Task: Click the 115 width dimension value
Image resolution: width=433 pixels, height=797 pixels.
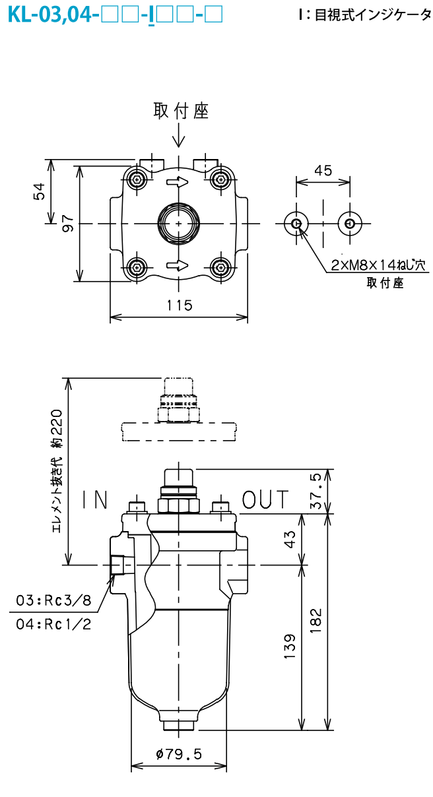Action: [x=180, y=305]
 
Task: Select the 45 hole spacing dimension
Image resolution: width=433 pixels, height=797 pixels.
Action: [x=323, y=171]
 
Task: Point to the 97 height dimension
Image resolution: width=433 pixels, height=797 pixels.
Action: [x=68, y=224]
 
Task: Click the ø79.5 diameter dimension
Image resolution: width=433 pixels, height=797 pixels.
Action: [x=179, y=753]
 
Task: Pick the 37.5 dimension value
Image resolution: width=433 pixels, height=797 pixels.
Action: [x=316, y=491]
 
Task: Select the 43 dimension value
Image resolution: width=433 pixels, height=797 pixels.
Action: [x=290, y=539]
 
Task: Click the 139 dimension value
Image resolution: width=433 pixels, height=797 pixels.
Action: [x=290, y=646]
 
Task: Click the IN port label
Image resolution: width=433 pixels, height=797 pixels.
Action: [x=95, y=499]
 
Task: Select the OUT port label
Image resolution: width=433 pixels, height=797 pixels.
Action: [x=265, y=499]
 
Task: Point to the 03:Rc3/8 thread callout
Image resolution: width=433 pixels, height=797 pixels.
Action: [x=53, y=600]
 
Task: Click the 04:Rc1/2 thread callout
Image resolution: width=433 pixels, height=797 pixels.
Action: [x=53, y=624]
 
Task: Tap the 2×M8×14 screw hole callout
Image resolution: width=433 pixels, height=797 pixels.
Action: [x=378, y=265]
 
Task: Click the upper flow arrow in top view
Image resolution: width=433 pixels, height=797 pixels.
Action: [x=178, y=182]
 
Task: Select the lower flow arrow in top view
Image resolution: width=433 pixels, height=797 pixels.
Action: [x=178, y=265]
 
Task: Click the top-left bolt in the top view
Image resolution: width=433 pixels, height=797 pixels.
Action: [x=137, y=179]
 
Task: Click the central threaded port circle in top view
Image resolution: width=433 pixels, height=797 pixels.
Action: [x=178, y=224]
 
